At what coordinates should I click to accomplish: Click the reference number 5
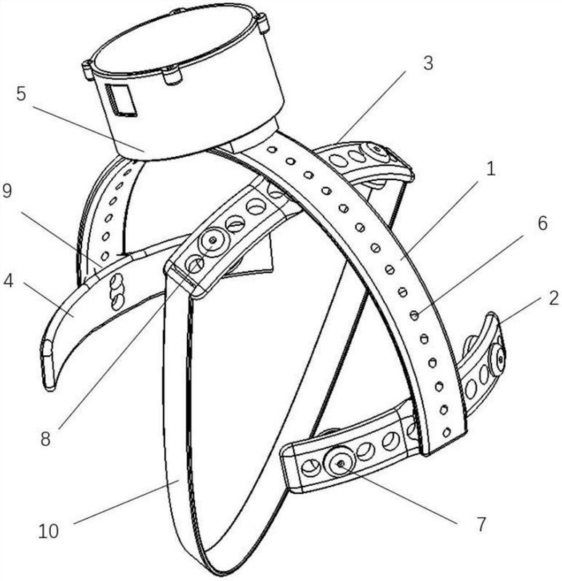click(22, 94)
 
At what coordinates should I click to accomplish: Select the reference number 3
click(428, 63)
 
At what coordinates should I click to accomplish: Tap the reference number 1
click(491, 169)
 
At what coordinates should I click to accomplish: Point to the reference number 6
click(542, 224)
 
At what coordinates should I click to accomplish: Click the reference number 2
click(553, 298)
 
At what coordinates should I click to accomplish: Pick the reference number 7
click(481, 524)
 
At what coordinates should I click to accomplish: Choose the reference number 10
click(49, 532)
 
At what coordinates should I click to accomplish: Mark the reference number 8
click(45, 439)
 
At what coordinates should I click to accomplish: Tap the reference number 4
click(8, 281)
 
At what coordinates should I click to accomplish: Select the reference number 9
click(7, 191)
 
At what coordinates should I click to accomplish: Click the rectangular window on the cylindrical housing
click(121, 100)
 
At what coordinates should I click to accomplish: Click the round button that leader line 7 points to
click(340, 463)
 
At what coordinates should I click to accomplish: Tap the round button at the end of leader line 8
click(213, 241)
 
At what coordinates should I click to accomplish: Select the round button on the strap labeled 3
click(376, 153)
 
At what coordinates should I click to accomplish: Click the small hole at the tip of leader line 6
click(414, 315)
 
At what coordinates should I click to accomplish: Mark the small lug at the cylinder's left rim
click(87, 69)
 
